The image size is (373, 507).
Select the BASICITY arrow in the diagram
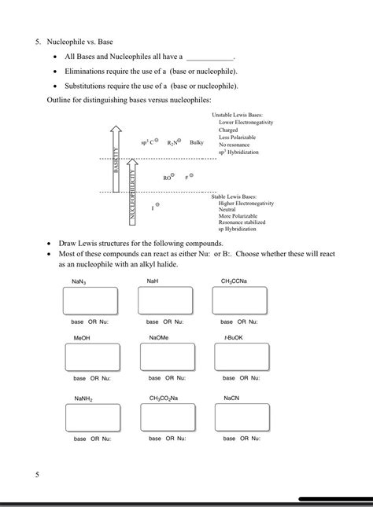coord(116,156)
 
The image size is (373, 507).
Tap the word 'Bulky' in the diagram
coord(197,142)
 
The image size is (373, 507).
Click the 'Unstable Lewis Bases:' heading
coord(237,116)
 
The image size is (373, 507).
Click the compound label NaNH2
coord(83,399)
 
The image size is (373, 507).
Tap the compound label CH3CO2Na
coord(164,399)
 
